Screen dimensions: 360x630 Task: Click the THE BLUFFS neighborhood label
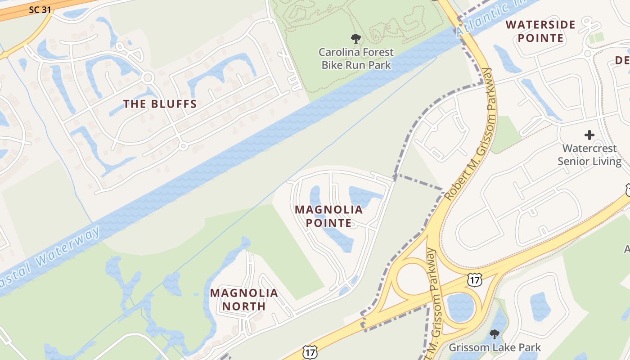160,104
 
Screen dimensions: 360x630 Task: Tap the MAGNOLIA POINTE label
329,216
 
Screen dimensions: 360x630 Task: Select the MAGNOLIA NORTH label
244,300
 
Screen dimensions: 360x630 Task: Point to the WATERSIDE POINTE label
540,31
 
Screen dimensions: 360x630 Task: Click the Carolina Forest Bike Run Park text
356,58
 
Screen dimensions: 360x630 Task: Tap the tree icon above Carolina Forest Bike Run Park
356,38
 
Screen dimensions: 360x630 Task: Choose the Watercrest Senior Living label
589,154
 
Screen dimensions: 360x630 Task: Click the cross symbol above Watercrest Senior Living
589,135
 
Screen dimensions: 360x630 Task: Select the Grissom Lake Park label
495,347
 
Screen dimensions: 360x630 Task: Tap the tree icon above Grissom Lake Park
495,334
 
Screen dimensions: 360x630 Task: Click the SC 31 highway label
40,9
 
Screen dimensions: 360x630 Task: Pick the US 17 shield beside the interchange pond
475,279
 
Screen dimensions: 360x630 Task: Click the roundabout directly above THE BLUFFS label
148,78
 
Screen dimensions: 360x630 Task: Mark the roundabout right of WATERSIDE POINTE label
587,54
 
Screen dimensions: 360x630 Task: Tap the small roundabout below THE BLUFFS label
183,146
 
